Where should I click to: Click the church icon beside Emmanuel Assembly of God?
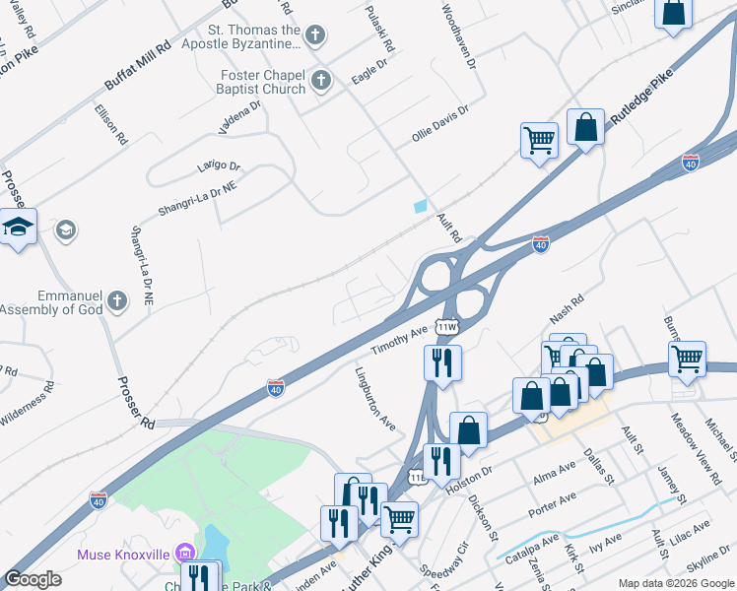coord(116,301)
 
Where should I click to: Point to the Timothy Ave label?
coord(399,340)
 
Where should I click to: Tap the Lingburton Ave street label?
coord(374,398)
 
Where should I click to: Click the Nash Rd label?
coord(568,310)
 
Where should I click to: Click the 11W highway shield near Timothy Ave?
coord(448,327)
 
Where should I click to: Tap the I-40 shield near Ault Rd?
coord(541,244)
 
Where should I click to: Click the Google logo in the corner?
coord(33,579)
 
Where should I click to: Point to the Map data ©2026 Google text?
coord(676,582)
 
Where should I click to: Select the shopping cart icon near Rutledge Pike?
coord(539,140)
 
